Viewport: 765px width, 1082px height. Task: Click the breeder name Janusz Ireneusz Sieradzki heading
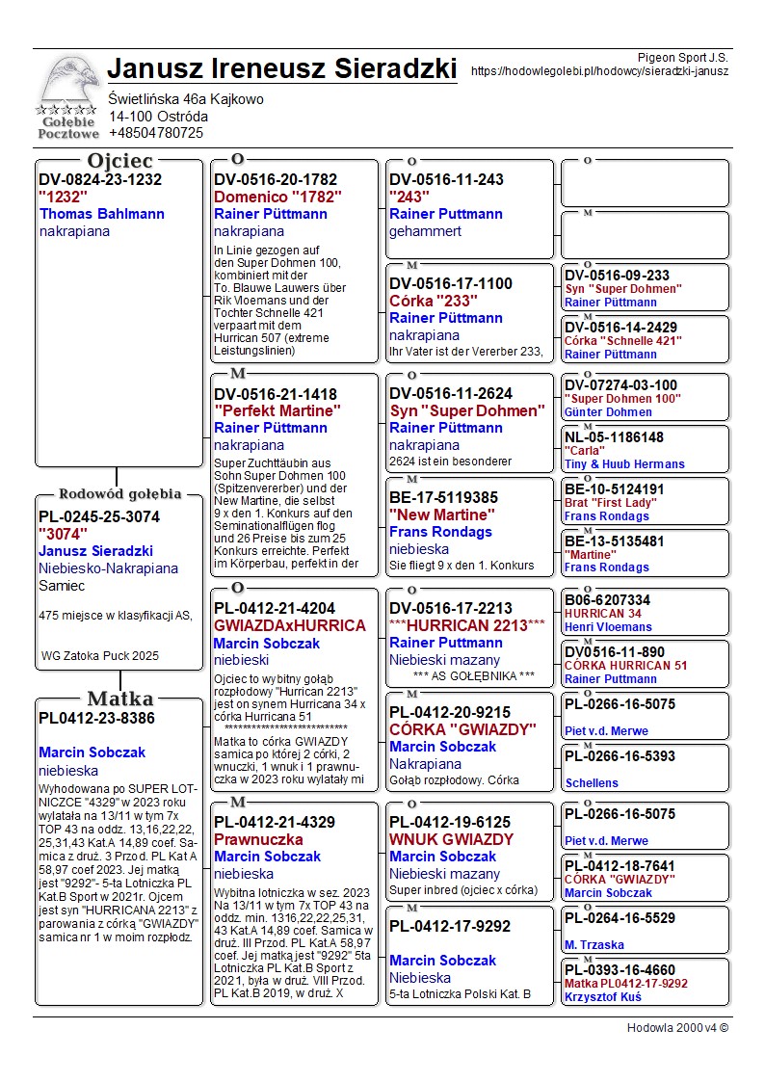coord(281,69)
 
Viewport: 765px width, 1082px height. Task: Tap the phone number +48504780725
coord(156,133)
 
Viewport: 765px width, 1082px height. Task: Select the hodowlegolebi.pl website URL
coord(599,71)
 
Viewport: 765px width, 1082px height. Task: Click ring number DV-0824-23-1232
coord(100,179)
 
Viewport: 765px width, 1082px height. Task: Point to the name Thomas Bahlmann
coord(102,214)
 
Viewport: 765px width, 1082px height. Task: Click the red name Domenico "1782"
coord(277,197)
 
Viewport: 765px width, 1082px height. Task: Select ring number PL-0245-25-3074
coord(99,516)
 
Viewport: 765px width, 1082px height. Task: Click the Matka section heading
coord(119,699)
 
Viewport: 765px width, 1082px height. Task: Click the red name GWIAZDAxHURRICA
coord(289,625)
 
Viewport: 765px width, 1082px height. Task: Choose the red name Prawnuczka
coord(258,839)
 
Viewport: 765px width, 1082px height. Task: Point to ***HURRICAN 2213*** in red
coord(466,625)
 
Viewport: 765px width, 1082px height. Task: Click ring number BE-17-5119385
coord(443,497)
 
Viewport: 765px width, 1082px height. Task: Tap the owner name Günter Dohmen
coord(608,412)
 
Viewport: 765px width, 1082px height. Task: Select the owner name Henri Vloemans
coord(608,627)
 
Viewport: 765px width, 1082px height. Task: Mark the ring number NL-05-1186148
coord(614,437)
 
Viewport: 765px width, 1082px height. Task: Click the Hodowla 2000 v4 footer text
coord(677,1028)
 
